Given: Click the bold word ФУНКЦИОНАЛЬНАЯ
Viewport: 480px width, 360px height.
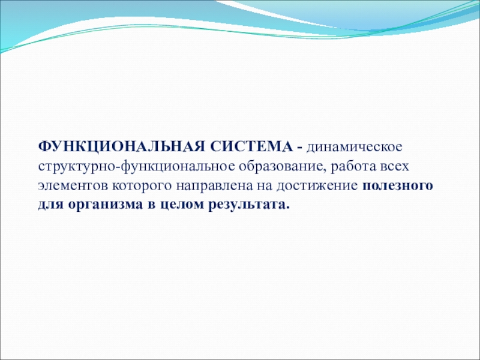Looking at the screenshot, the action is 121,146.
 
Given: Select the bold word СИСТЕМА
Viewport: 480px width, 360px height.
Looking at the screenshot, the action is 251,146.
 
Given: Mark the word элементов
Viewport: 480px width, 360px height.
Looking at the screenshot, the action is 73,186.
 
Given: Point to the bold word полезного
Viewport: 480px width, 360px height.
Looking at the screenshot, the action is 398,186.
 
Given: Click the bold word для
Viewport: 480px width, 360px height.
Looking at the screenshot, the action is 50,205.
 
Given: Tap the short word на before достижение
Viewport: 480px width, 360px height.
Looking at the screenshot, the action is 265,186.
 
